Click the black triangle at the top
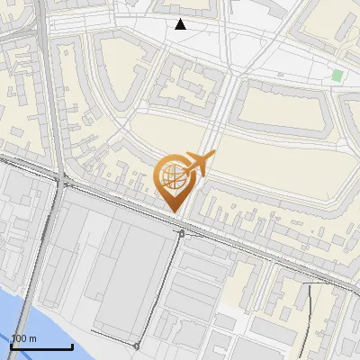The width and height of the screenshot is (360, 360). coord(181,24)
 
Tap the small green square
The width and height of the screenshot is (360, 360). coord(337,76)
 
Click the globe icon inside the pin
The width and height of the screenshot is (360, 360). coord(172,174)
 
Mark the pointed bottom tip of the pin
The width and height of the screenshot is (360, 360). coord(175,212)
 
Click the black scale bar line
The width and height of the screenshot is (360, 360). coord(41,346)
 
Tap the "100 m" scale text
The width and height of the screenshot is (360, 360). coord(23,338)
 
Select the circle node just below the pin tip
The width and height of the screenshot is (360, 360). coord(181,233)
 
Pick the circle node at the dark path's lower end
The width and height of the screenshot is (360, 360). coord(136,346)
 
